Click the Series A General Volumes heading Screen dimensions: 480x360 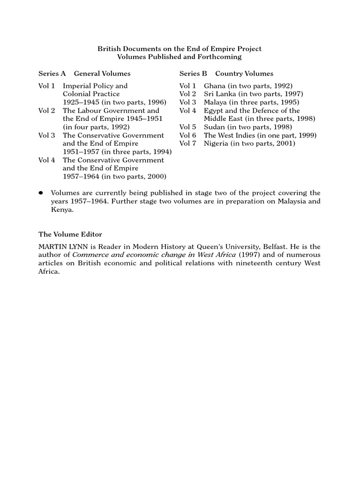[84, 74]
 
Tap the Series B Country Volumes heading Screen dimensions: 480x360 [226, 74]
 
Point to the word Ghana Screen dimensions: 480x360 [215, 86]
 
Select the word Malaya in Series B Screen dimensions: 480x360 [215, 102]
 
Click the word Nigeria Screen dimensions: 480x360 [217, 143]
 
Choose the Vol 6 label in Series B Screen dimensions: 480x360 [187, 135]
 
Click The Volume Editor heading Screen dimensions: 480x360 [70, 234]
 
